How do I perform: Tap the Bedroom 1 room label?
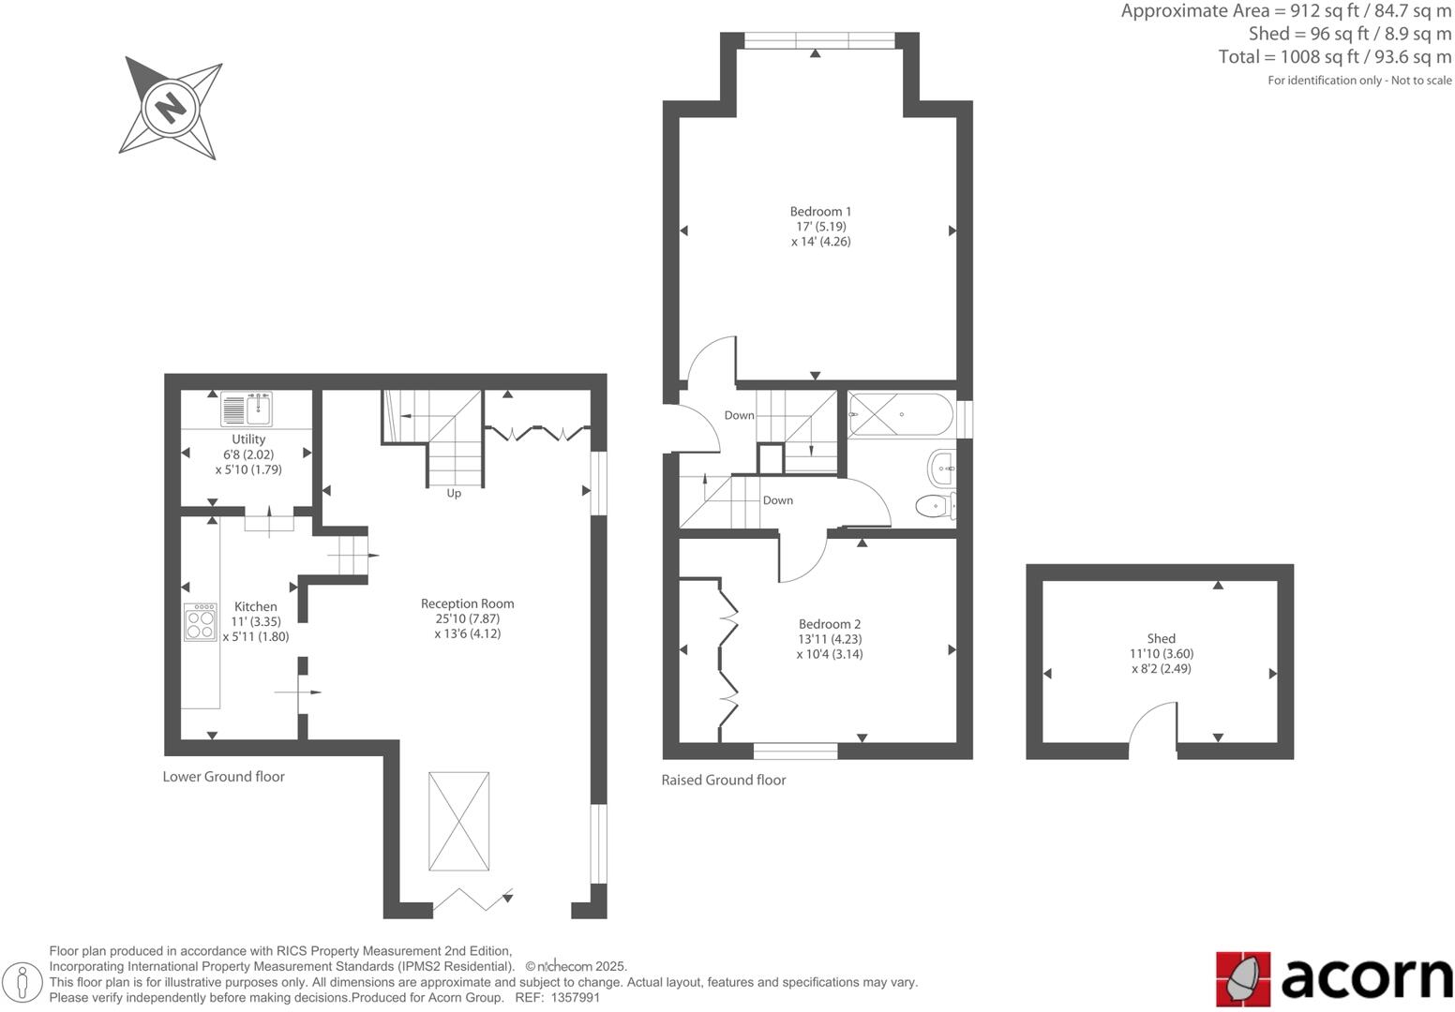click(x=820, y=212)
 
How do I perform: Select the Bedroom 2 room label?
click(x=829, y=624)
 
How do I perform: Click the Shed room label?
click(x=1161, y=639)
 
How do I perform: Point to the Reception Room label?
click(x=467, y=603)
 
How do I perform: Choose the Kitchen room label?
click(x=255, y=606)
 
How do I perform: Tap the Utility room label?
click(x=248, y=439)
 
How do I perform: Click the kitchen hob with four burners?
click(x=201, y=622)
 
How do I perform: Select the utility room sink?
click(x=247, y=409)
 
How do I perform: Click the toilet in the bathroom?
click(x=934, y=506)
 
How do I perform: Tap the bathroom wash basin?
click(x=941, y=467)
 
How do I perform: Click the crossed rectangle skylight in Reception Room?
click(x=458, y=822)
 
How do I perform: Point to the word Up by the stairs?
click(x=454, y=493)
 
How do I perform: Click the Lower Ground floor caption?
click(x=223, y=776)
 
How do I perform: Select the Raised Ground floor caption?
click(x=723, y=780)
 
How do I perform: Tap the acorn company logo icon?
click(x=1243, y=978)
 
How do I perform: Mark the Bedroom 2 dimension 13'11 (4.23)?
click(x=829, y=639)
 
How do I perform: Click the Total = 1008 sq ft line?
click(x=1334, y=57)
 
